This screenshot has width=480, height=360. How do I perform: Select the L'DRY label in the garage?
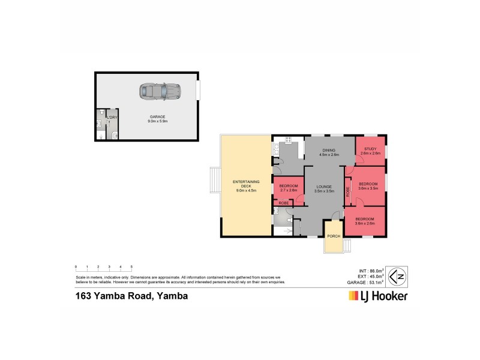point(112,117)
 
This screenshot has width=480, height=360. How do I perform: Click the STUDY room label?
point(370,150)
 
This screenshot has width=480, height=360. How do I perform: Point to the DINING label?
point(329,151)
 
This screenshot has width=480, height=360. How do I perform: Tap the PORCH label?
point(334,236)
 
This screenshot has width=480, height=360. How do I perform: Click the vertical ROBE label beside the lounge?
point(348,192)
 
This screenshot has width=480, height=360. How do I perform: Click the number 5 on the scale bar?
point(131,266)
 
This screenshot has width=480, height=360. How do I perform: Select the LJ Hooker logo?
point(378,296)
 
